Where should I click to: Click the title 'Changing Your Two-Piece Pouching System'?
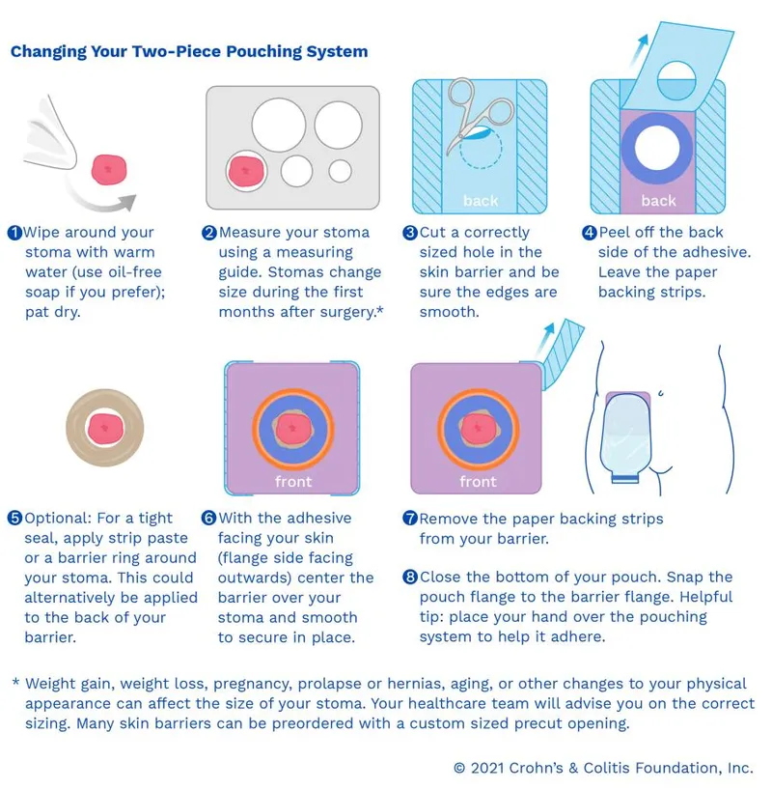(x=189, y=51)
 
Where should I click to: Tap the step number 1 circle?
(x=14, y=233)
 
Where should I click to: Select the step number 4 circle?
(x=589, y=233)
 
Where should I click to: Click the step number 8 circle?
(x=410, y=577)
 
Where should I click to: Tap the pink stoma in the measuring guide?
(x=245, y=171)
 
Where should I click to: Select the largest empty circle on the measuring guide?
(x=278, y=126)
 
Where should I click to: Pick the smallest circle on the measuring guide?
(x=340, y=171)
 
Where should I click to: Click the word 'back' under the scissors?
(x=480, y=201)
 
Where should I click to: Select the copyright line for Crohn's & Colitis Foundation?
(x=602, y=768)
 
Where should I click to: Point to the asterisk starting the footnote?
(x=15, y=684)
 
